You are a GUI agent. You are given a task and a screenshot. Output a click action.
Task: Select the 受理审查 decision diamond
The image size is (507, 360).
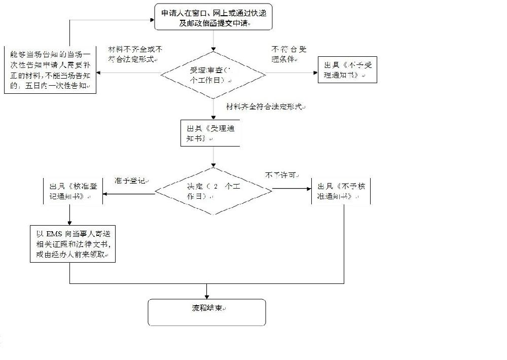[x=213, y=76]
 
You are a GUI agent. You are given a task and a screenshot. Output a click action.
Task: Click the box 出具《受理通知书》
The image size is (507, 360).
[x=210, y=133]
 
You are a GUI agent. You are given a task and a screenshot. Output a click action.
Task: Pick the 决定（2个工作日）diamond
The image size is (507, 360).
[x=213, y=191]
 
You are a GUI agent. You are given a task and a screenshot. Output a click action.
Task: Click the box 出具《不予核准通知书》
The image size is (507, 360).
[x=341, y=191]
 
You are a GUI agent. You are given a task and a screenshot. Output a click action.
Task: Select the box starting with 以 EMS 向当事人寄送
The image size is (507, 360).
[x=72, y=243]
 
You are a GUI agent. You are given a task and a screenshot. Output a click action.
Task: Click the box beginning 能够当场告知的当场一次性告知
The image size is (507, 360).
[x=50, y=70]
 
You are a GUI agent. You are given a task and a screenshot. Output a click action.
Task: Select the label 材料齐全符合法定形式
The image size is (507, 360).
[x=266, y=107]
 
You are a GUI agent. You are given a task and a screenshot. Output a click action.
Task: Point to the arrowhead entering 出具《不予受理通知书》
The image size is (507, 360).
[x=314, y=73]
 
